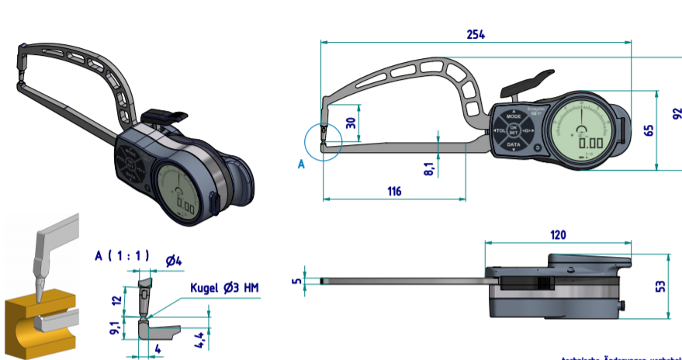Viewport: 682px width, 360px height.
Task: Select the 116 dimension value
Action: pos(394,190)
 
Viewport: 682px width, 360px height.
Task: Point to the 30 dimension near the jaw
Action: pos(351,123)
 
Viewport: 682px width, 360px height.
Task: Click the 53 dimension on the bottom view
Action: pos(660,286)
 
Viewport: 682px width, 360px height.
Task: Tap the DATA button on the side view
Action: pos(514,144)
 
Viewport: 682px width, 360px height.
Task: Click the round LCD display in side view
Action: pos(583,131)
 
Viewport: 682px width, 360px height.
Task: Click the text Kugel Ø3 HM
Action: pos(224,288)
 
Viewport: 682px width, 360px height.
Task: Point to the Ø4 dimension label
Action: pos(175,260)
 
